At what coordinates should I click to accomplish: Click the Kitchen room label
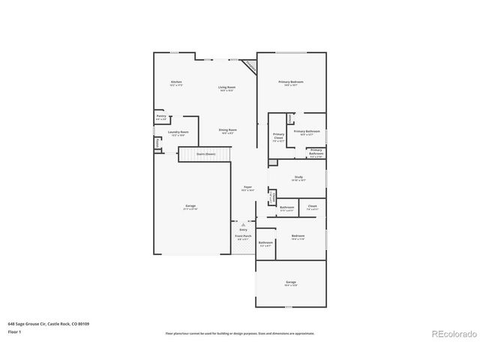(x=176, y=82)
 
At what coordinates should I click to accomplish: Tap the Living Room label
(x=227, y=88)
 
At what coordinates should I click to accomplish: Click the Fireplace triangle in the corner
(x=250, y=67)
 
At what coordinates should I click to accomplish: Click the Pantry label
(x=161, y=117)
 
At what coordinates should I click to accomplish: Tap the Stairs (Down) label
(x=205, y=154)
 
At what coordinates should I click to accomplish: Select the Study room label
(x=298, y=178)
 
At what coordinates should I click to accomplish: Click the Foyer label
(x=247, y=188)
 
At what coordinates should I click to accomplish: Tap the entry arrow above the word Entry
(x=243, y=224)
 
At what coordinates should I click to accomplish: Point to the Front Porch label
(x=243, y=236)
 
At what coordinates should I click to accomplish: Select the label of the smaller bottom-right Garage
(x=290, y=283)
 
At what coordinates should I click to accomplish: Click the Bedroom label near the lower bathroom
(x=297, y=236)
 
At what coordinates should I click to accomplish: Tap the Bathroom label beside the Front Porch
(x=265, y=243)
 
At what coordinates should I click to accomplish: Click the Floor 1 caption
(x=15, y=331)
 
